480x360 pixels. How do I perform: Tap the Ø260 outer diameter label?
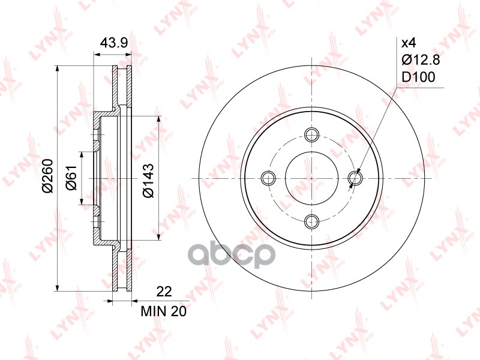[x=48, y=176]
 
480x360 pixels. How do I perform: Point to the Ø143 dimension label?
[x=148, y=181]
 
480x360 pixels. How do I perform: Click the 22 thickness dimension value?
[x=164, y=292]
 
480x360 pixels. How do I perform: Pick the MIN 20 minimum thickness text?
[x=163, y=311]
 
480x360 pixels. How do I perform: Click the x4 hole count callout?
[x=409, y=43]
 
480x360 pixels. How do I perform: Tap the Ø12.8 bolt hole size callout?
[x=421, y=60]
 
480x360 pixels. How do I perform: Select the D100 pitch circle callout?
[x=418, y=77]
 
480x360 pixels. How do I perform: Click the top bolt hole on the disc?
[x=312, y=134]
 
